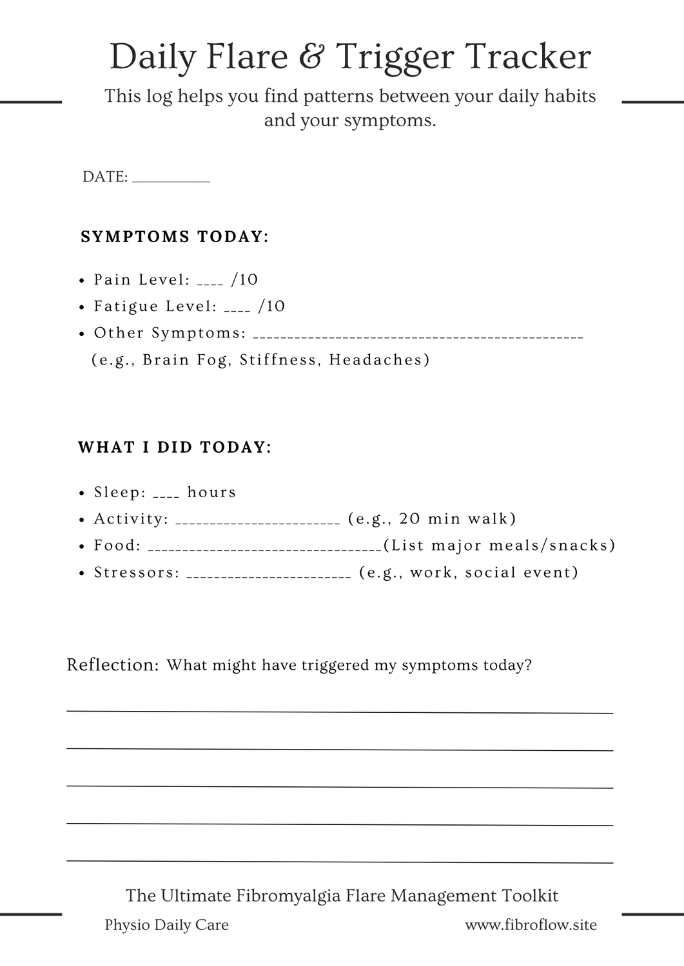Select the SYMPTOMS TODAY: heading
coord(174,237)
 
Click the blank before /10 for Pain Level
coord(210,283)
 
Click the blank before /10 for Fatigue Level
coord(237,310)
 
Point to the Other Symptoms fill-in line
coord(419,336)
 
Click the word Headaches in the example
coord(379,359)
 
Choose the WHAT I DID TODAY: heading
coord(175,447)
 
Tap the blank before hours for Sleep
coord(166,496)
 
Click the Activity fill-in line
coord(257,522)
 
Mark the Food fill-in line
coord(265,549)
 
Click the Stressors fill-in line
coord(269,576)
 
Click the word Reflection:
coord(113,665)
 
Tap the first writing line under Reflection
coord(340,712)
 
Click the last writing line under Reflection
coord(340,861)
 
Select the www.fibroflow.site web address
coord(531,925)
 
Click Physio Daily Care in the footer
coord(166,925)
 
